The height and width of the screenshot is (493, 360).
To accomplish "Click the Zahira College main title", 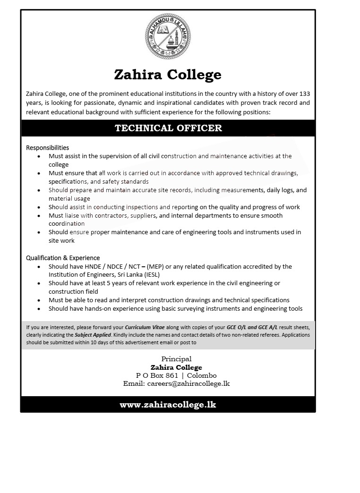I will [168, 75].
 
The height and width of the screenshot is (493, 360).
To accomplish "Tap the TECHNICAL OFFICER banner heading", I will [168, 128].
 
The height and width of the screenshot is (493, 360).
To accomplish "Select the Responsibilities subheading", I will [47, 148].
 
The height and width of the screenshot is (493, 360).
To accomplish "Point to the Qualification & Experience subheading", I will [63, 258].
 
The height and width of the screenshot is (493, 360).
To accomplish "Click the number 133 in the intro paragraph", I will [305, 94].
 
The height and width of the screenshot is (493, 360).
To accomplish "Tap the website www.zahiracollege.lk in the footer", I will [168, 405].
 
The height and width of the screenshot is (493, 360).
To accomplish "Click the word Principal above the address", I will [176, 359].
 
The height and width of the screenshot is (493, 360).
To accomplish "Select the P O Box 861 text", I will [157, 375].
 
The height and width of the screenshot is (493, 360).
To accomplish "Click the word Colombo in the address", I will [202, 375].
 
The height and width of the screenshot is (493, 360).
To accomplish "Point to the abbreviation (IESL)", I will [169, 275].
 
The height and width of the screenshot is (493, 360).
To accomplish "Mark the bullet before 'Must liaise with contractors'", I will [39, 216].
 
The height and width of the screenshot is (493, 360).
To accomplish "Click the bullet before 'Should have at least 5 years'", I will [39, 283].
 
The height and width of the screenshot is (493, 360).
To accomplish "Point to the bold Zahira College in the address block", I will [176, 367].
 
